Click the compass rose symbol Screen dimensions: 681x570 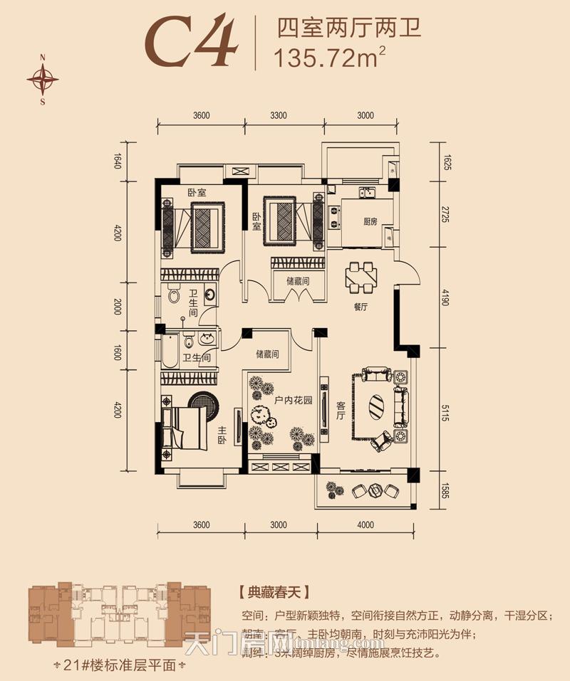tap(43, 79)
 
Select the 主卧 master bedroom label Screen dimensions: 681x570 tap(222, 435)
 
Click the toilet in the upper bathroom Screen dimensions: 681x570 tap(174, 295)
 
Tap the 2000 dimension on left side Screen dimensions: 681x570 tap(118, 307)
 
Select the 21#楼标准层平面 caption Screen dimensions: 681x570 tap(119, 666)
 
